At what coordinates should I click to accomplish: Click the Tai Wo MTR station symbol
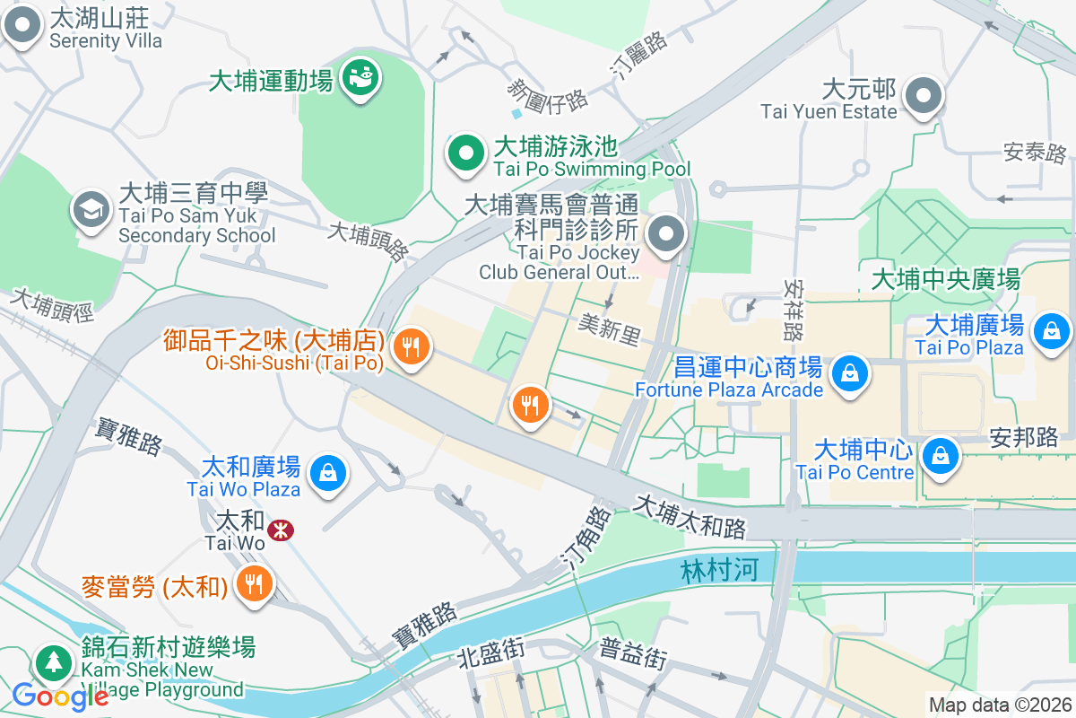coord(281,530)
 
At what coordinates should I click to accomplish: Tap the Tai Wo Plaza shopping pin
coord(328,471)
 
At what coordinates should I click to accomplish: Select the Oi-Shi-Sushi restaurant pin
coord(412,345)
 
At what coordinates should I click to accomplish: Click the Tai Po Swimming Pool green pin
coord(465,153)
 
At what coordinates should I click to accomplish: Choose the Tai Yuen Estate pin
coord(922,95)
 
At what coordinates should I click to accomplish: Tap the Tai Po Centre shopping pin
coord(940,454)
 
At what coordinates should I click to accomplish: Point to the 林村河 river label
coord(720,571)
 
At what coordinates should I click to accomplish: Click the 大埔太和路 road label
coord(690,517)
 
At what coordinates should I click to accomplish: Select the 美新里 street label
coord(609,329)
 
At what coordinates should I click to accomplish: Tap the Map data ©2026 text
coord(999,705)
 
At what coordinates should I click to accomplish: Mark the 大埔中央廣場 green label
coord(946,280)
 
